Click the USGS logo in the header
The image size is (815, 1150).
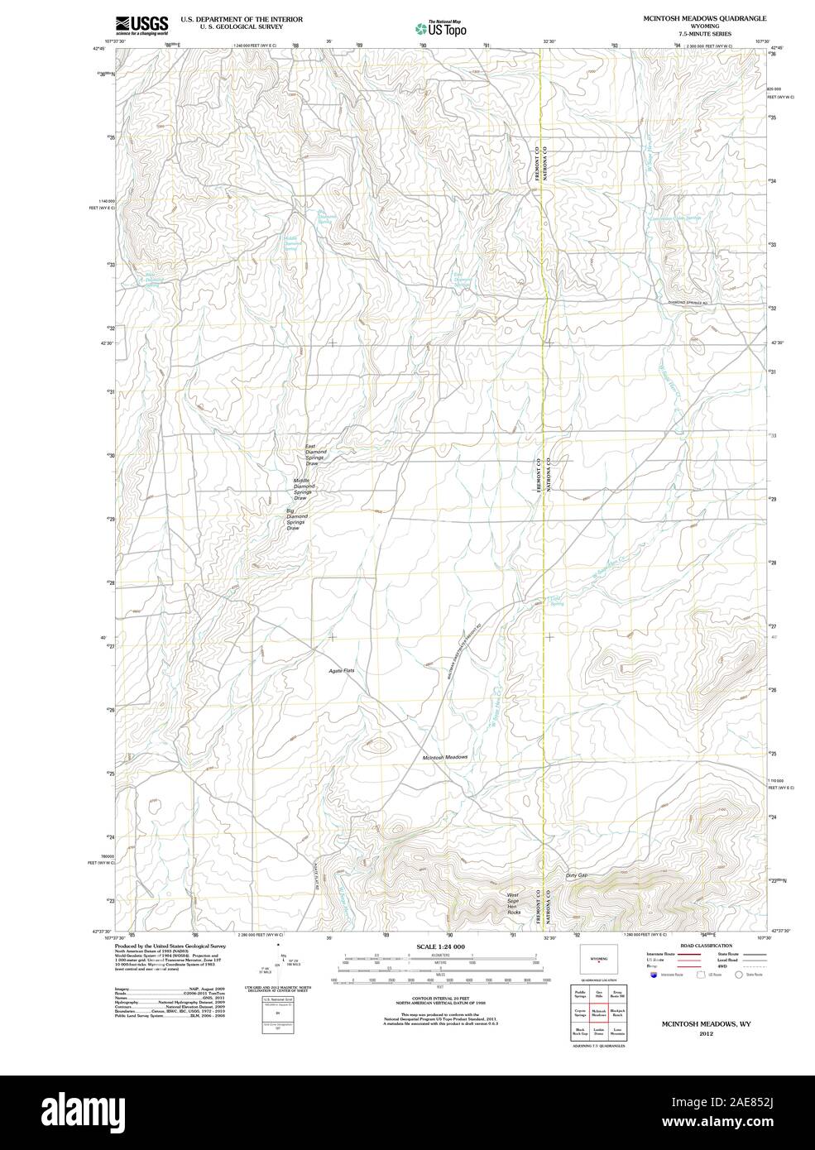point(141,24)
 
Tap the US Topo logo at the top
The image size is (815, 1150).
point(440,28)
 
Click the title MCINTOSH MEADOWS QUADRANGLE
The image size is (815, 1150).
point(700,17)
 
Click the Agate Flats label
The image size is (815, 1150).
point(342,670)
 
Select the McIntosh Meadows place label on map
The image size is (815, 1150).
point(445,757)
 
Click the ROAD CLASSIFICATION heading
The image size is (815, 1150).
point(705,946)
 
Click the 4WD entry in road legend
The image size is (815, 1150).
point(722,966)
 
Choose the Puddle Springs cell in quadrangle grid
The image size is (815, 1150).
point(580,991)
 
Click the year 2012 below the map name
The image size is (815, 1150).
point(706,1033)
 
